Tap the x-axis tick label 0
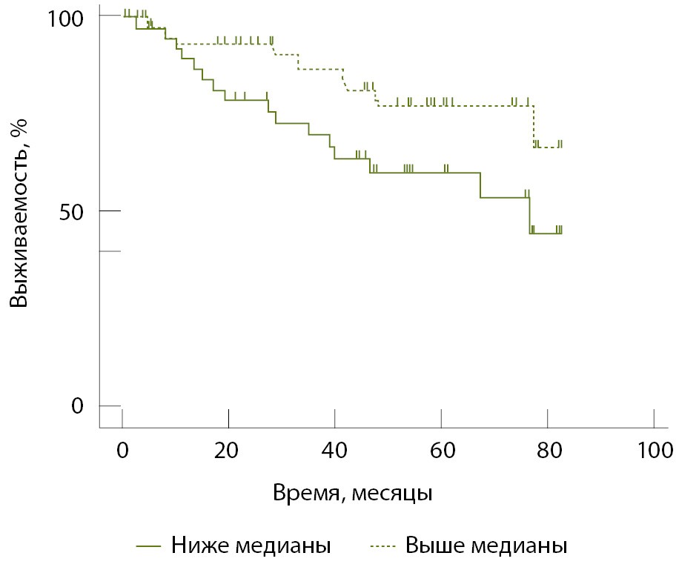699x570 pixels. pyautogui.click(x=122, y=449)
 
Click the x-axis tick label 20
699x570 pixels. pyautogui.click(x=228, y=449)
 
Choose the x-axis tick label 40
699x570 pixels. pyautogui.click(x=335, y=449)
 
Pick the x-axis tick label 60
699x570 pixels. pyautogui.click(x=441, y=449)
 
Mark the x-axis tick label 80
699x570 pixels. pyautogui.click(x=548, y=449)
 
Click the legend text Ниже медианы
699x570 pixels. pyautogui.click(x=251, y=546)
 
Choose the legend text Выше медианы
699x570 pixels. pyautogui.click(x=486, y=546)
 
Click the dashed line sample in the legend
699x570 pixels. pyautogui.click(x=385, y=546)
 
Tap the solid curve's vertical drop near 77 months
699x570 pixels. pyautogui.click(x=530, y=216)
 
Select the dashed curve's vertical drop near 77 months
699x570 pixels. pyautogui.click(x=534, y=127)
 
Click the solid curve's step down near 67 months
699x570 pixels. pyautogui.click(x=480, y=185)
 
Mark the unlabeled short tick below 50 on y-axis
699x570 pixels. pyautogui.click(x=110, y=251)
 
